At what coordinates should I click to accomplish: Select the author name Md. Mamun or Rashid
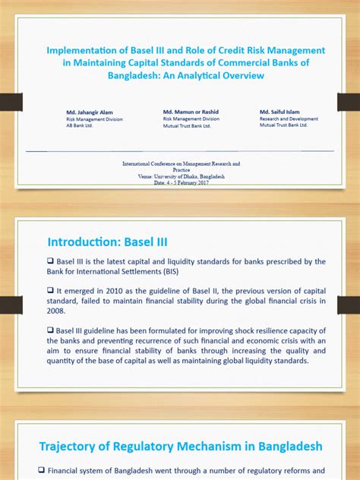(192, 112)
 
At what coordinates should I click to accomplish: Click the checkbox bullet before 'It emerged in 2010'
(51, 290)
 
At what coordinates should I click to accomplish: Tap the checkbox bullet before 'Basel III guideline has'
(51, 330)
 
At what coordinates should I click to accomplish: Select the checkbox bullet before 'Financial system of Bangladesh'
(43, 471)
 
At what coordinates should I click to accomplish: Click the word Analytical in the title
(214, 76)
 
